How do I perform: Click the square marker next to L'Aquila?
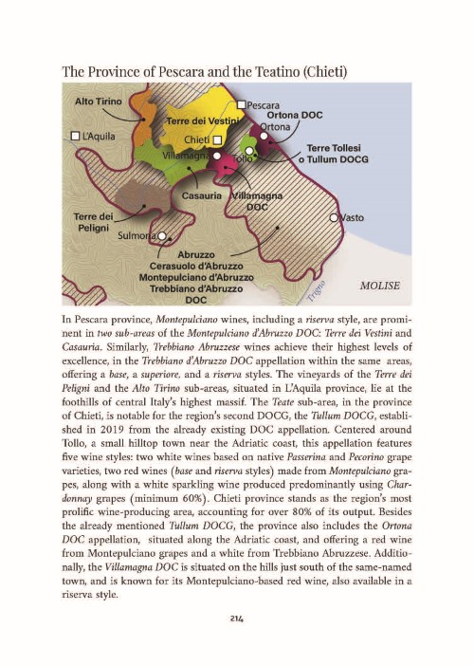pyautogui.click(x=77, y=135)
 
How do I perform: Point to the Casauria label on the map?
pyautogui.click(x=202, y=194)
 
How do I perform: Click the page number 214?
pyautogui.click(x=237, y=619)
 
